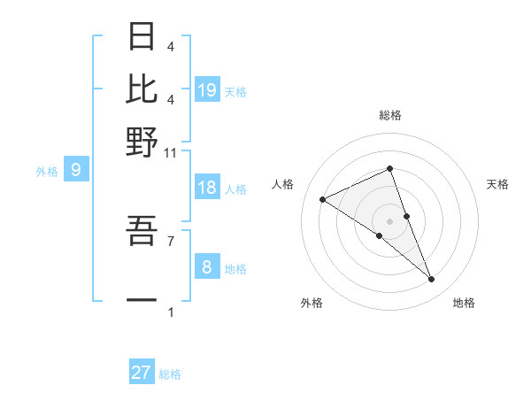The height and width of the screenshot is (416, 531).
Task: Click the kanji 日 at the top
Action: coord(142,37)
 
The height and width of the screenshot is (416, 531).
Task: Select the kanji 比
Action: coord(142,89)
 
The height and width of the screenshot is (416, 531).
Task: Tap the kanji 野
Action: coord(142,142)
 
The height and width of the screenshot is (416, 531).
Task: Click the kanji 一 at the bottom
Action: coord(142,298)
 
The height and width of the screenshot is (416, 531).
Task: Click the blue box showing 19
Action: coord(207,90)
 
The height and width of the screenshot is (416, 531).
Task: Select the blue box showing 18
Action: coord(207,188)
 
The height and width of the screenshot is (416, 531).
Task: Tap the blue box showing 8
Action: coord(207,267)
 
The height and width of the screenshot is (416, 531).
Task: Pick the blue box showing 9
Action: coord(76,171)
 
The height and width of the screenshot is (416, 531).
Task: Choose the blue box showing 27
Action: coord(142,373)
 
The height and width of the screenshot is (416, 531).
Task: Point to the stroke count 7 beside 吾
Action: coord(171,240)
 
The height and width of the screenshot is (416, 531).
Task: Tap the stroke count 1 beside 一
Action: coord(171,312)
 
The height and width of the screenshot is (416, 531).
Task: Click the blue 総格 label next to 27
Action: coord(170,374)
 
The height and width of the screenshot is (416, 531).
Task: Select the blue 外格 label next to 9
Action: coord(47,172)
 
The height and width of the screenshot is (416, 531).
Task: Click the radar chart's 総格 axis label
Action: coord(389,115)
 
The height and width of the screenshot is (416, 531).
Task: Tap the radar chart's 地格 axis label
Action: coord(464,303)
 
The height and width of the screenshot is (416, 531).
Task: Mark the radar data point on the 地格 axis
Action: coord(432,280)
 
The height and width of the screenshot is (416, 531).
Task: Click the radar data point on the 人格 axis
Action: coord(323,199)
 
